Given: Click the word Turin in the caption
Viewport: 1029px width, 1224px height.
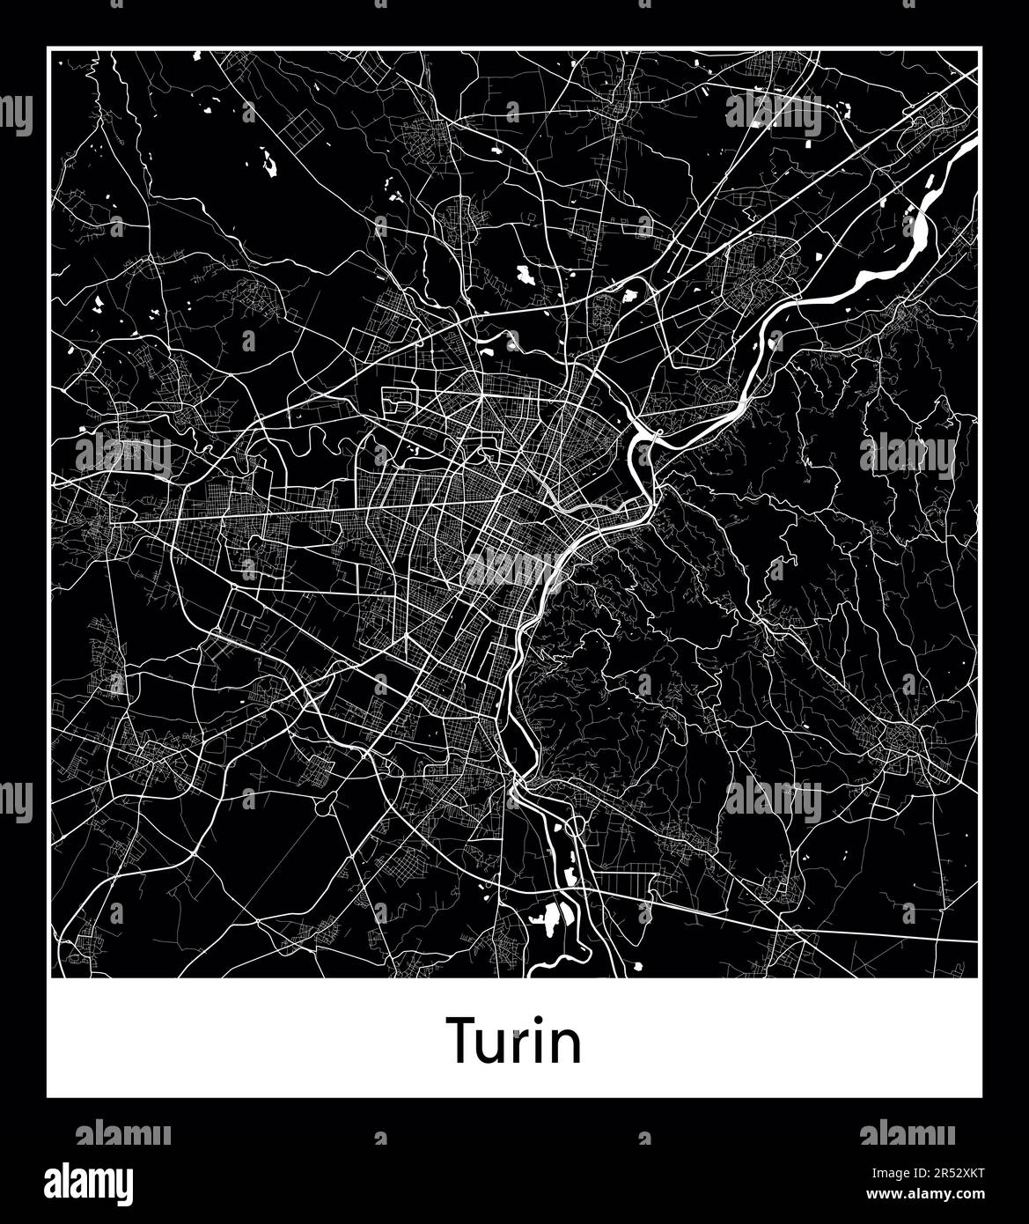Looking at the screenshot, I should point(514,1040).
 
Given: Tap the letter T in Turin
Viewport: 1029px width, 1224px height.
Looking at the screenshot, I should point(464,1040).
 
